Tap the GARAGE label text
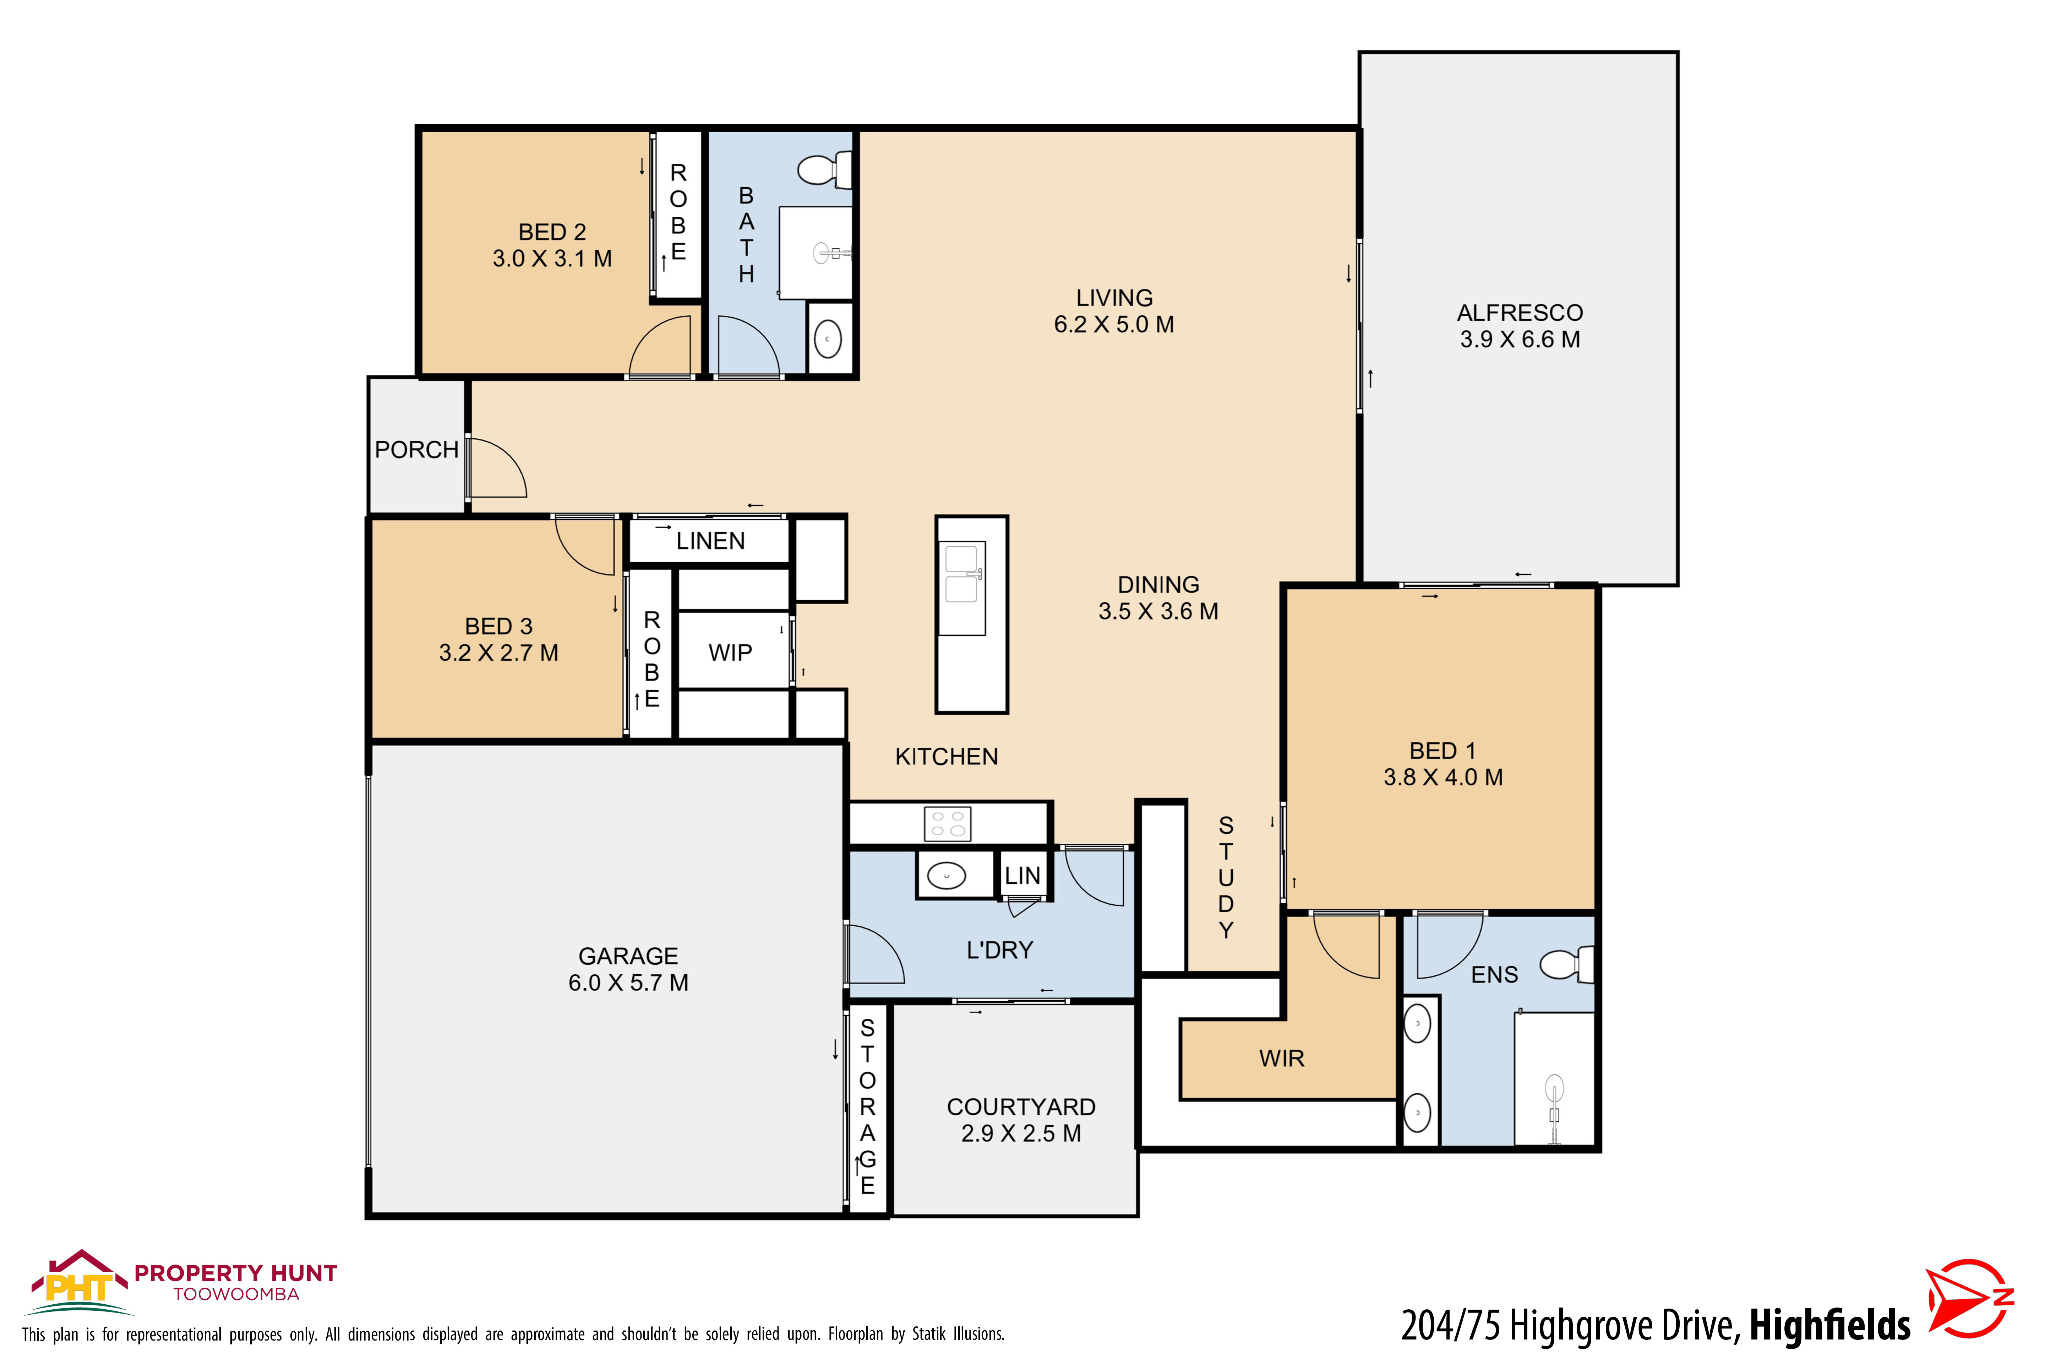click(x=628, y=956)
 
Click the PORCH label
click(x=416, y=450)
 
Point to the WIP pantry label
click(x=730, y=653)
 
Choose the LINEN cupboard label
click(x=710, y=541)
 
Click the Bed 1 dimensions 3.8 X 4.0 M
click(x=1443, y=777)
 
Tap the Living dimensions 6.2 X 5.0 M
click(x=1114, y=324)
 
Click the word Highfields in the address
click(x=1829, y=1325)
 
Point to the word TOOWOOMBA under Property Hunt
click(x=236, y=1294)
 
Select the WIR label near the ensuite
click(x=1282, y=1059)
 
